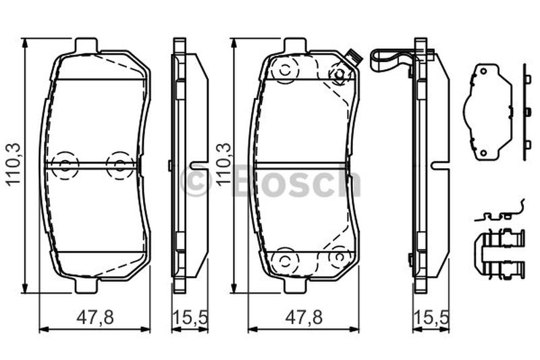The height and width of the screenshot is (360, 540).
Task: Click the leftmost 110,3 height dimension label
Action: (x=14, y=165)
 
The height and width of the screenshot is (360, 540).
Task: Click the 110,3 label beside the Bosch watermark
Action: (x=224, y=165)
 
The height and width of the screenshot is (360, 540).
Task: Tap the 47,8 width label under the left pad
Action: (x=95, y=317)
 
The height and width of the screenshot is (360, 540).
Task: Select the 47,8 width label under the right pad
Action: (x=304, y=317)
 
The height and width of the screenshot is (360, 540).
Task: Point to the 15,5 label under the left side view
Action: (x=190, y=317)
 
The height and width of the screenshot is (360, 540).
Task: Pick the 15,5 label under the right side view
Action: (x=431, y=317)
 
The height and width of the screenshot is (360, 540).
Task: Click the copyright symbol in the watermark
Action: (x=195, y=180)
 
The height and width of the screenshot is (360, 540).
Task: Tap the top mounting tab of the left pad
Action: (x=86, y=45)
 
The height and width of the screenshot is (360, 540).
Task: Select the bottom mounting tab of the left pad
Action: (x=86, y=285)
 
